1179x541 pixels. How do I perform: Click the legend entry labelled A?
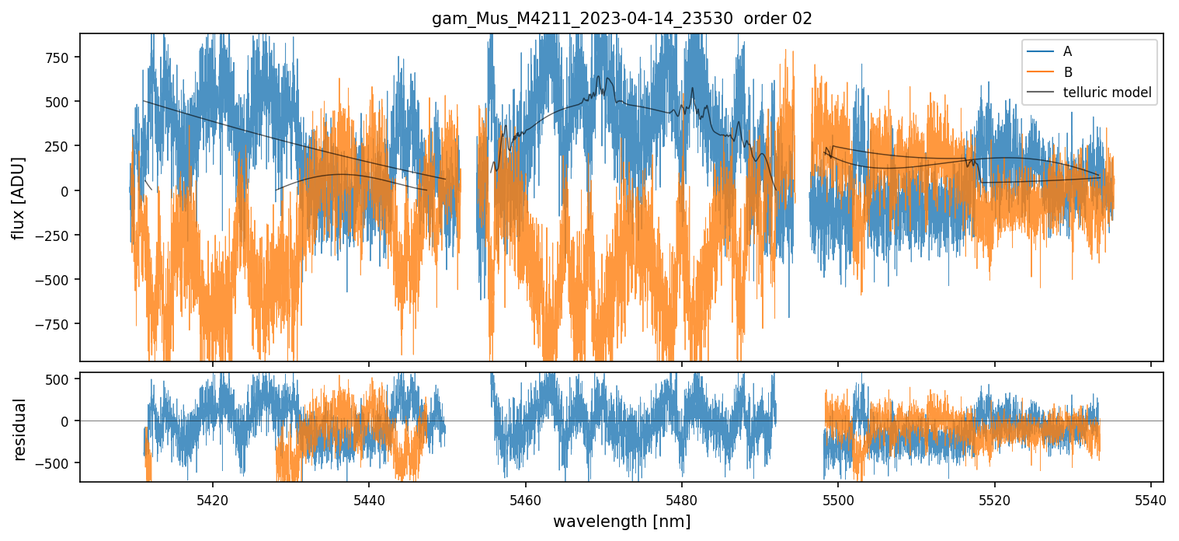[1067, 51]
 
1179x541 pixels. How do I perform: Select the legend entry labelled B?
[1067, 72]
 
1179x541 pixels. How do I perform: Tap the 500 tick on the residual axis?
[58, 379]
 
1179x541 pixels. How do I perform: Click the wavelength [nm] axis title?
[621, 521]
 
